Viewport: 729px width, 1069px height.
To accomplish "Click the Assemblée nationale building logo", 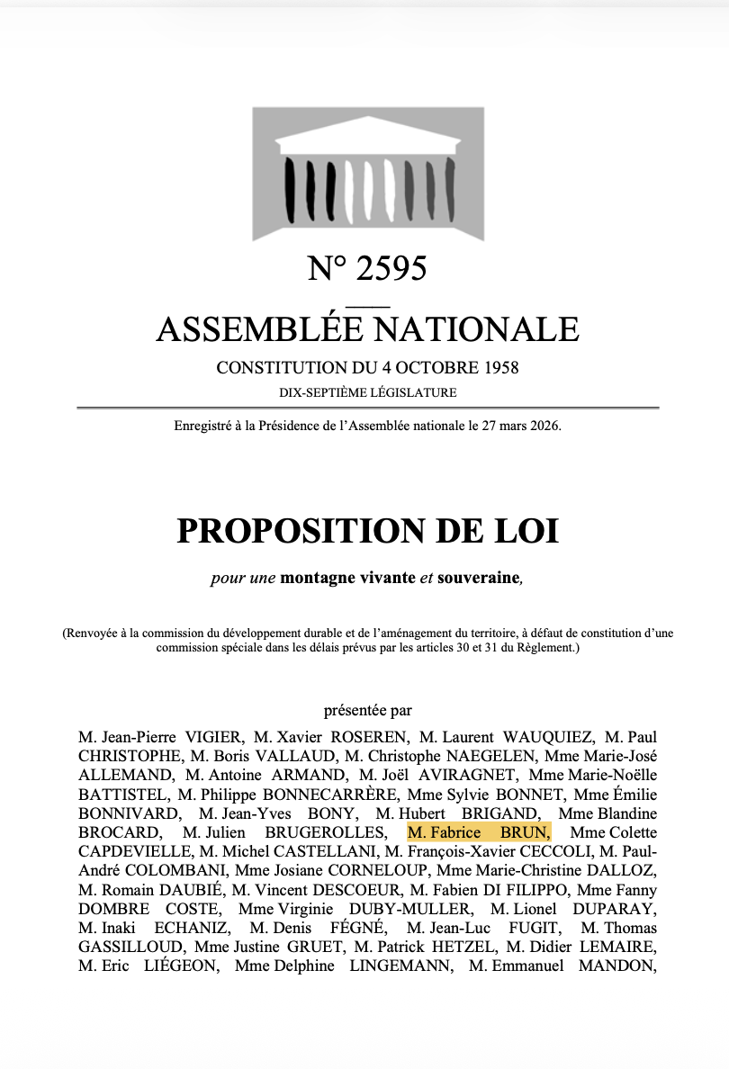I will pos(368,173).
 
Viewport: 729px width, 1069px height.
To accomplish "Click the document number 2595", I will pos(391,268).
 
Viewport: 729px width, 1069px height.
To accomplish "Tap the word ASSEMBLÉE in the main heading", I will pos(260,329).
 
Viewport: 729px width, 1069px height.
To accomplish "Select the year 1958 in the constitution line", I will pos(499,368).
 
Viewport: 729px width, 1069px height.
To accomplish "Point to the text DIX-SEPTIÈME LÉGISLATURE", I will pos(367,392).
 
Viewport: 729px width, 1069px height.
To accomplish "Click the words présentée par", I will pos(367,710).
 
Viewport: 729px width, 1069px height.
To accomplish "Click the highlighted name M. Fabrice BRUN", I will pos(479,832).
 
